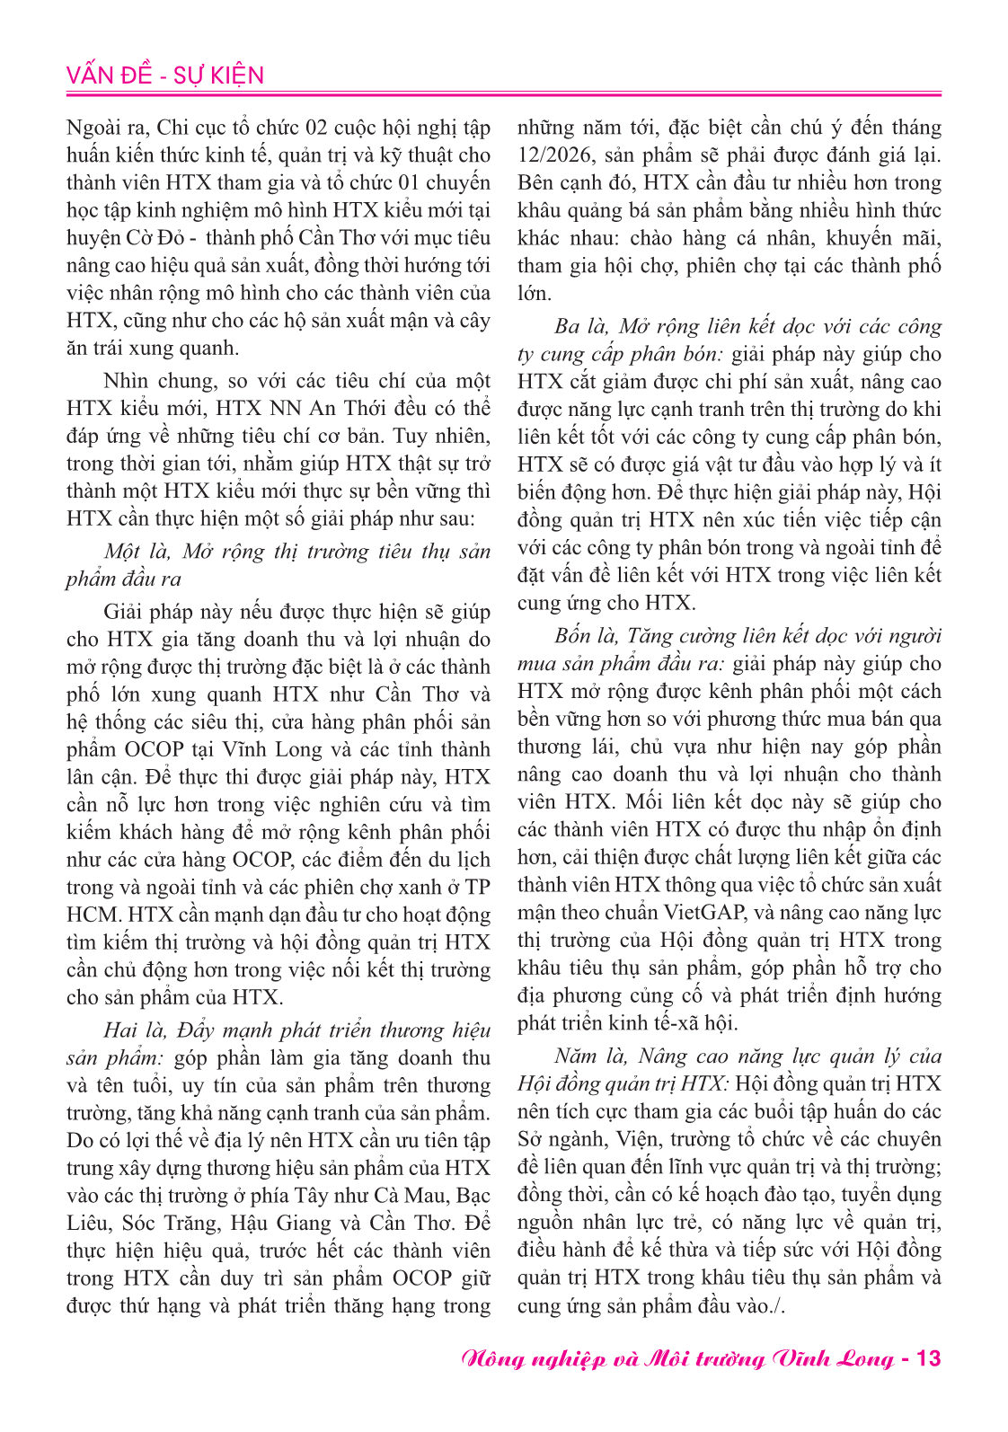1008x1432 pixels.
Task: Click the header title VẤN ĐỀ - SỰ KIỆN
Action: click(165, 75)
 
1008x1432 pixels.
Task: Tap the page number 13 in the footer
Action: click(928, 1358)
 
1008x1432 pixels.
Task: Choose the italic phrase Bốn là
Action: click(587, 636)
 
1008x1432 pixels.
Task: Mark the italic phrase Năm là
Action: click(588, 1056)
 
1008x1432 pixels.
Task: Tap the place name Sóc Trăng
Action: click(172, 1224)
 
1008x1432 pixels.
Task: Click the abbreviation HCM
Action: click(93, 915)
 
